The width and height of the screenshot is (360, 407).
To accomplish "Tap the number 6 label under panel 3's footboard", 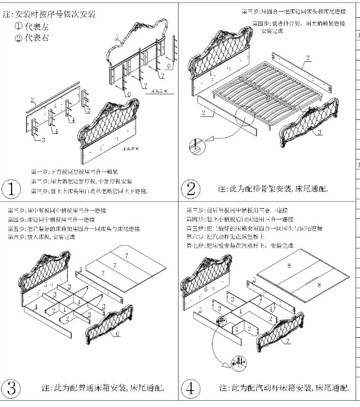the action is pyautogui.click(x=118, y=333).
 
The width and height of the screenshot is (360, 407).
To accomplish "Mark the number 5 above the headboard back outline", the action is pyautogui.click(x=117, y=37).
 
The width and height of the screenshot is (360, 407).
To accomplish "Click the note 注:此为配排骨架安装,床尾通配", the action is pyautogui.click(x=273, y=189).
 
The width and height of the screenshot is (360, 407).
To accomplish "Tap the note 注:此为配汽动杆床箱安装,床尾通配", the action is pyautogui.click(x=284, y=388).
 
